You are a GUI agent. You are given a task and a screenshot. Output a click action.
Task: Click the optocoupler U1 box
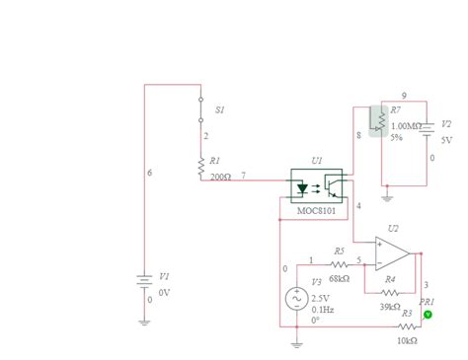click(317, 186)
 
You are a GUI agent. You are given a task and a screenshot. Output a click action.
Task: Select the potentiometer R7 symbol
click(378, 120)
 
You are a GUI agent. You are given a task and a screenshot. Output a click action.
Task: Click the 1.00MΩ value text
click(406, 126)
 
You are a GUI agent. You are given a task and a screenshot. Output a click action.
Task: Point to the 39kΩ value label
click(390, 307)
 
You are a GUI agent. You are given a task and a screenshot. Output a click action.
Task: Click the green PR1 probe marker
click(428, 315)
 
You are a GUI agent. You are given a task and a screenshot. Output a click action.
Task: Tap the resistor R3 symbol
click(406, 324)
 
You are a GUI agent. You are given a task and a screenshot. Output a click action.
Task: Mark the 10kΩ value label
click(407, 339)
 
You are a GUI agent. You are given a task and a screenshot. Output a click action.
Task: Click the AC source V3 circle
click(295, 300)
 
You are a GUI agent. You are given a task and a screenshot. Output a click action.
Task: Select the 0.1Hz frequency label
click(323, 309)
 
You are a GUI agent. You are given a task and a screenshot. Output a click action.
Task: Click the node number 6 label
click(149, 173)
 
